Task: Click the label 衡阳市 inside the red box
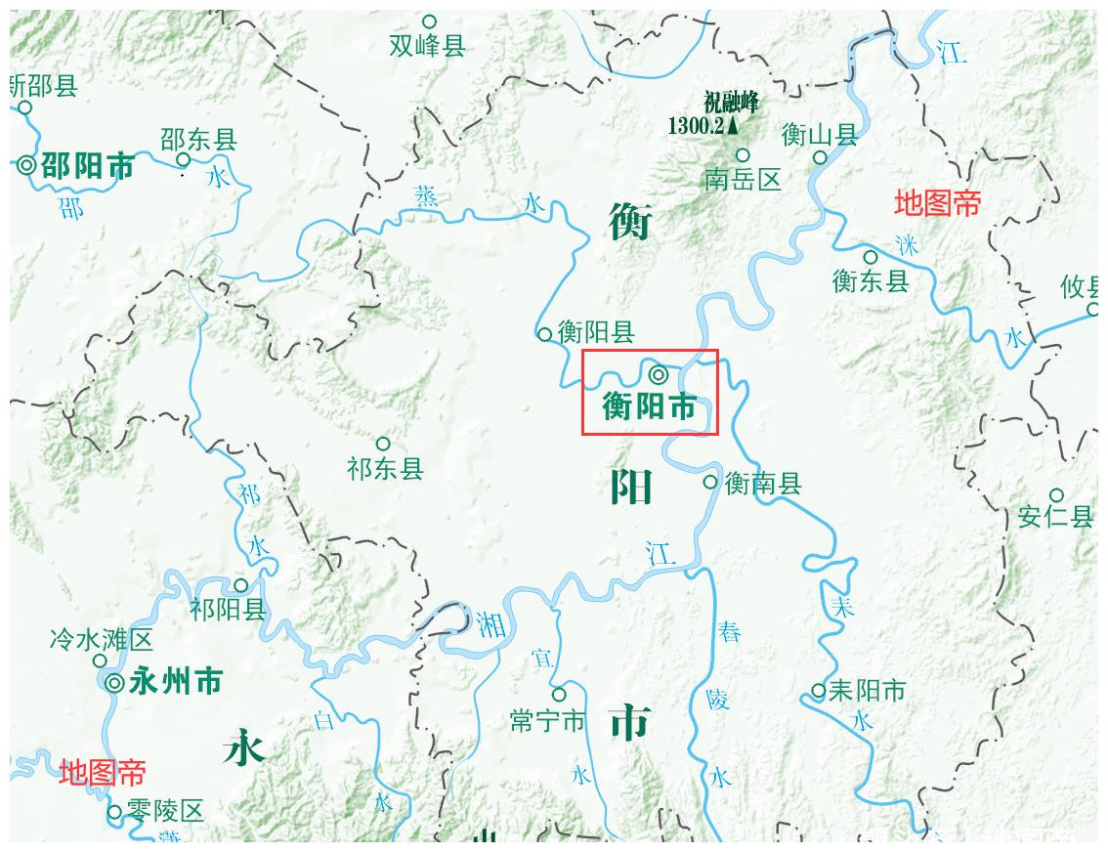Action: pyautogui.click(x=650, y=405)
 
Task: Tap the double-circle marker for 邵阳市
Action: pyautogui.click(x=26, y=166)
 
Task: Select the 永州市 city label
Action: pyautogui.click(x=176, y=681)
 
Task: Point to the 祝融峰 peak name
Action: pyautogui.click(x=731, y=103)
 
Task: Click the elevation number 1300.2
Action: pyautogui.click(x=697, y=126)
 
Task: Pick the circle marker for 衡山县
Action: pyautogui.click(x=821, y=157)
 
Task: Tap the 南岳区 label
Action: pyautogui.click(x=744, y=180)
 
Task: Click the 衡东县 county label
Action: pyautogui.click(x=871, y=281)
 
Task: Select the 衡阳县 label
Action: pyautogui.click(x=596, y=332)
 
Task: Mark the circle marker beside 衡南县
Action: pyautogui.click(x=710, y=482)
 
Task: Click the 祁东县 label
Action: pyautogui.click(x=385, y=469)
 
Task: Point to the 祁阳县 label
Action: pyautogui.click(x=229, y=611)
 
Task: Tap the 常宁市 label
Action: pyautogui.click(x=547, y=721)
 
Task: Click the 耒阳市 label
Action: pyautogui.click(x=867, y=691)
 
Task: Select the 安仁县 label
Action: pyautogui.click(x=1055, y=517)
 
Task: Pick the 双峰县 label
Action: pyautogui.click(x=427, y=46)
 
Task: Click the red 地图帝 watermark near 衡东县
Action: pyautogui.click(x=937, y=203)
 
